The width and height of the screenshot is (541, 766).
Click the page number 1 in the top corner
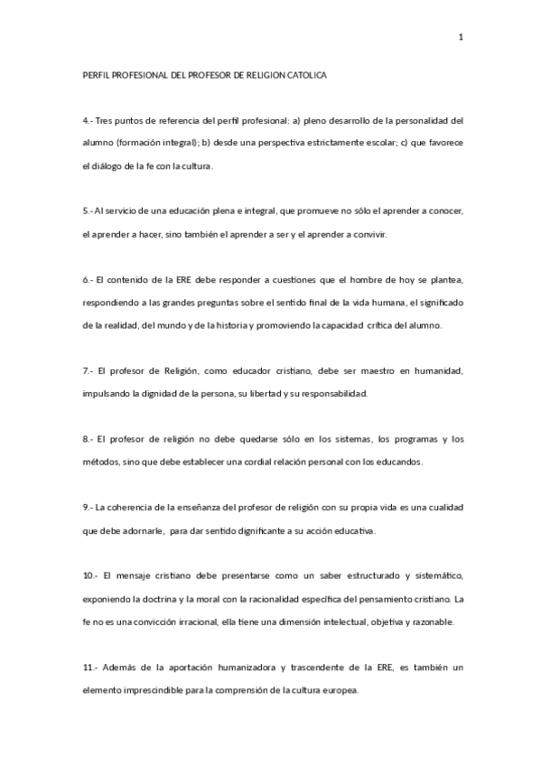point(461,37)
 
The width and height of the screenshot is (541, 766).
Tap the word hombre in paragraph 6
point(353,278)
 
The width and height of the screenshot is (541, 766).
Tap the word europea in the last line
point(338,690)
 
